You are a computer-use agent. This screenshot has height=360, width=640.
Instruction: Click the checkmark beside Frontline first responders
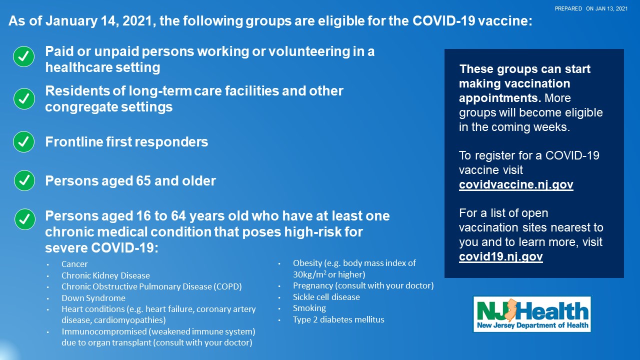coord(23,141)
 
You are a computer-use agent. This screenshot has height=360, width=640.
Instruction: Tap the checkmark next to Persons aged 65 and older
coord(24,180)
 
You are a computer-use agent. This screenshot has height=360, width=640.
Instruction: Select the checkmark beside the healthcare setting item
coord(23,56)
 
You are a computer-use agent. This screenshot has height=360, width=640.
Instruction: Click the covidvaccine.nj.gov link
coord(516,184)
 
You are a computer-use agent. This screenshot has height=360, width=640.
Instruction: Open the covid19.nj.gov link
coord(501,256)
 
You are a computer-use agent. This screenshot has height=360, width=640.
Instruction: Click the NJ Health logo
coord(532,313)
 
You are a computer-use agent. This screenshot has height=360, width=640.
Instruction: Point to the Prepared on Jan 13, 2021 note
coord(591,8)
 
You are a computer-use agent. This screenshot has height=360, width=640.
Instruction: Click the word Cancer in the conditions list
coord(74,264)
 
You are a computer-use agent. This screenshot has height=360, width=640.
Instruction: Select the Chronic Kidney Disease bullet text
coord(105,275)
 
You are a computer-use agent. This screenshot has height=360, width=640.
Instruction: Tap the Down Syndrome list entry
coord(93,298)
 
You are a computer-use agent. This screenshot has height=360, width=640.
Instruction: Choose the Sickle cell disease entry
coord(326,297)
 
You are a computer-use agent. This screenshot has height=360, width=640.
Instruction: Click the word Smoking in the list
coord(309,308)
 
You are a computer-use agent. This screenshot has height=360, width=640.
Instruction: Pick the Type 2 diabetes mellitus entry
coord(338,319)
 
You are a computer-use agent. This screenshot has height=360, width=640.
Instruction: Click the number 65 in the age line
coord(143,181)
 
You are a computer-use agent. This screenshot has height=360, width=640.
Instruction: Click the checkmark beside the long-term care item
coord(24,99)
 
